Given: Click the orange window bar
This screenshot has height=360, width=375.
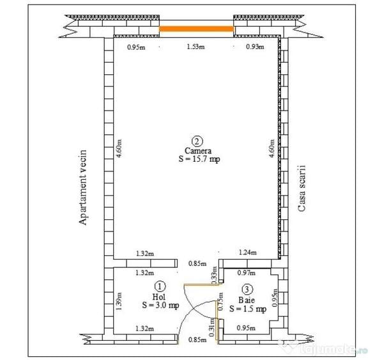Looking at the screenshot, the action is (x=196, y=29).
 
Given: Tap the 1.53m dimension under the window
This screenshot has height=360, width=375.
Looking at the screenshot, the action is (x=195, y=47).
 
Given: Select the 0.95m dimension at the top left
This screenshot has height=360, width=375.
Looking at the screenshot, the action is (x=136, y=47).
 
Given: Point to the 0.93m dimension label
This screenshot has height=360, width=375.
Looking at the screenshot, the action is (x=255, y=47).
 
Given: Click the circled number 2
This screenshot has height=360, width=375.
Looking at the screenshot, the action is (x=197, y=141).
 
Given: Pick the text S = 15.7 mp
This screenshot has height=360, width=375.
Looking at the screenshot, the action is (x=199, y=159).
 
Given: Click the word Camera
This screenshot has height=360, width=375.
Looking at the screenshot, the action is (x=198, y=150).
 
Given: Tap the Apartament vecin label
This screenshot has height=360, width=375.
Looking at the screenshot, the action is (x=83, y=187).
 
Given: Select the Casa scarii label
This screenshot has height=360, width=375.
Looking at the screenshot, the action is (x=302, y=188).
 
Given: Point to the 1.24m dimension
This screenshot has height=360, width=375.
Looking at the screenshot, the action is (x=248, y=252).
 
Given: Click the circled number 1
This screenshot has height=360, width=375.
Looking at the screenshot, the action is (x=160, y=286).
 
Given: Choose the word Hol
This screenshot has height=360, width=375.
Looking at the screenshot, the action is (x=159, y=297).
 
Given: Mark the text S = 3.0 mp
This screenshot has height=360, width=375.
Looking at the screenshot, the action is (x=160, y=305).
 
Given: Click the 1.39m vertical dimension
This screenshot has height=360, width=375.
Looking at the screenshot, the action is (x=119, y=301).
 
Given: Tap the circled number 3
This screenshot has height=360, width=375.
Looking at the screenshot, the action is (x=247, y=290).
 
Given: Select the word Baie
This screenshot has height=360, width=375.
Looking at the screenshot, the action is (x=247, y=300).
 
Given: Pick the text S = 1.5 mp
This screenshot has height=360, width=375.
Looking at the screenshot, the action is (x=248, y=309).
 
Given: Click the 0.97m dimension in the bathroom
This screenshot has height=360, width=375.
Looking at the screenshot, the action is (x=247, y=272).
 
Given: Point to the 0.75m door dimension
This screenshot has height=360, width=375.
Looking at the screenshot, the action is (x=220, y=301).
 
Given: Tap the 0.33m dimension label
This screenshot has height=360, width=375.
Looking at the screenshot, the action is (x=215, y=275).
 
